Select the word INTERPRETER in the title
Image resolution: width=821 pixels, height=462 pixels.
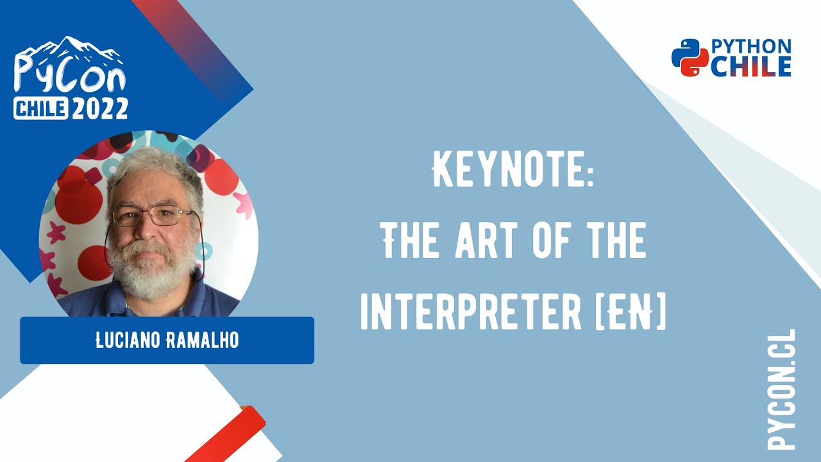[467, 313]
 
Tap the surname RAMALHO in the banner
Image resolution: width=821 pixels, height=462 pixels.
[202, 341]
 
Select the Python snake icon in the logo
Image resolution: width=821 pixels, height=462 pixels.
[689, 58]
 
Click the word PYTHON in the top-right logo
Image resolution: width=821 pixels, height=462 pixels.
[751, 46]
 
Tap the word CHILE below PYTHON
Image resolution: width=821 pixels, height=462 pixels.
[751, 66]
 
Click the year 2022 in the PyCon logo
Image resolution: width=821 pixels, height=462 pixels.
[99, 108]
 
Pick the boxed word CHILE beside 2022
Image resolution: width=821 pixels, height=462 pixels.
[41, 109]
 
